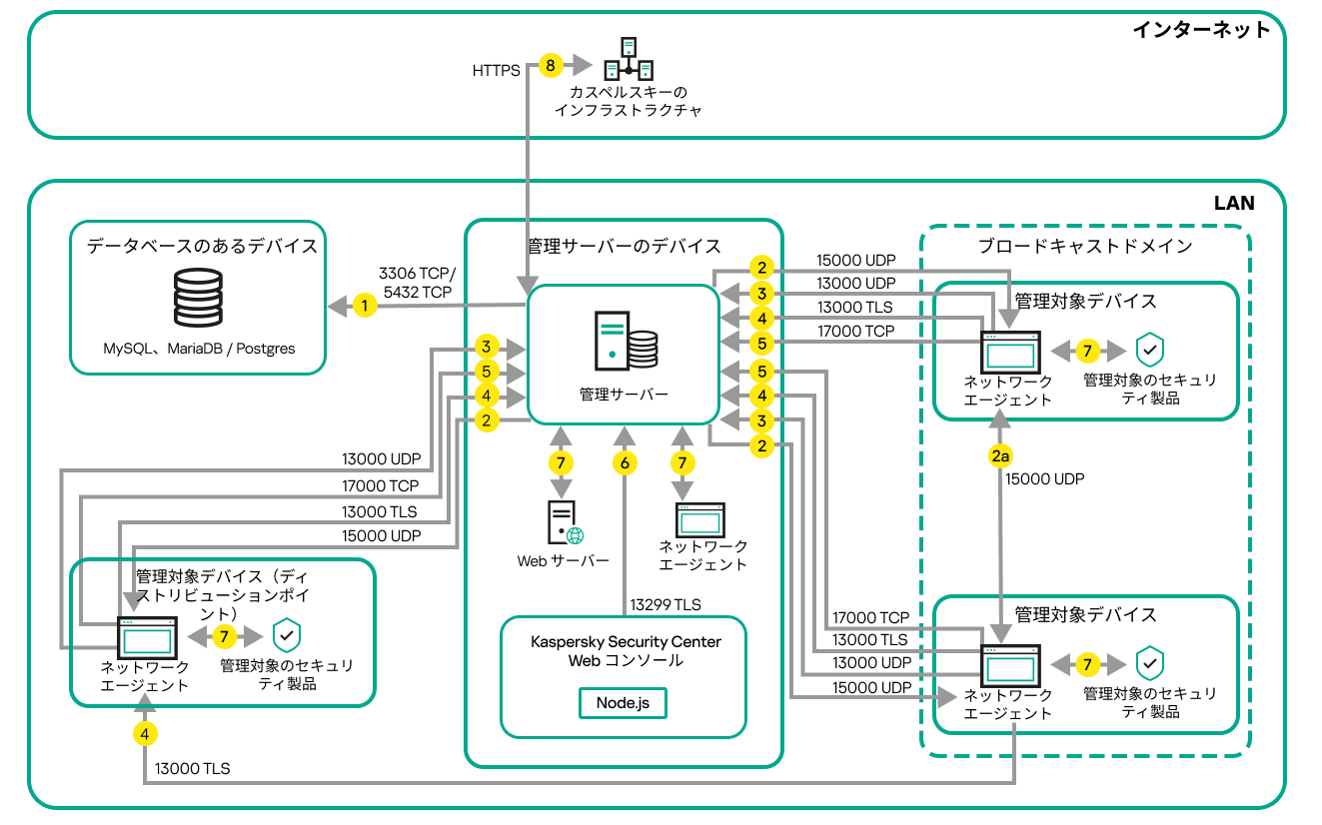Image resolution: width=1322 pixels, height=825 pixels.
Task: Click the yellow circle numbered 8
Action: [x=550, y=66]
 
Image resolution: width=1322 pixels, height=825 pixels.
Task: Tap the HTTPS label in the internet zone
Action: [x=496, y=71]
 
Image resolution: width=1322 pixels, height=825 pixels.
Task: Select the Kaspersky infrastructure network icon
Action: [x=629, y=59]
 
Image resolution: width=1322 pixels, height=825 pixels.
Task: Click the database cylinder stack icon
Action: [x=197, y=297]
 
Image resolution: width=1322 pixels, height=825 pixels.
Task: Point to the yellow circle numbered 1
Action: [x=366, y=306]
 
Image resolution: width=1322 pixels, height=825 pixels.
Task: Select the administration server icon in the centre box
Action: [x=626, y=341]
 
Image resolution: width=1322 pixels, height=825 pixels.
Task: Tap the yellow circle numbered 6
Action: [x=625, y=463]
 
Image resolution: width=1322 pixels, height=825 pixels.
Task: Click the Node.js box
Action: [x=623, y=702]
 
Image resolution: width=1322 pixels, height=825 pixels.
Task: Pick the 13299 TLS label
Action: [x=665, y=604]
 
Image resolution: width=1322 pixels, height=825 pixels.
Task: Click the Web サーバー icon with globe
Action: [x=566, y=522]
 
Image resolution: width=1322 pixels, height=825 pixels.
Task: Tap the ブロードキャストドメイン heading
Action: [x=1084, y=246]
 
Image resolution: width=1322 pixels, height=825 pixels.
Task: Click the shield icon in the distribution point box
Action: [x=288, y=636]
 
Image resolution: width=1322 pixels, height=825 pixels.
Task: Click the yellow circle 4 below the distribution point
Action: [x=146, y=733]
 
